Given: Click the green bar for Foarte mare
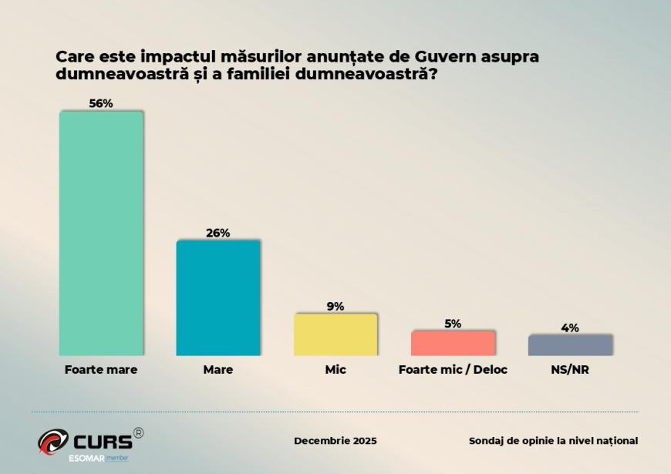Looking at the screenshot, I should click(101, 234).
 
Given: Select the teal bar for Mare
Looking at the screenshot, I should click(218, 298).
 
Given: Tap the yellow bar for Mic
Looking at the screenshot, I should click(335, 334).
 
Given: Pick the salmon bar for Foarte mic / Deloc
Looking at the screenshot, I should click(453, 343).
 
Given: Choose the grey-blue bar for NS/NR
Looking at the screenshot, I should click(570, 345).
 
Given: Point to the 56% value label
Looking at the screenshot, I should click(101, 104).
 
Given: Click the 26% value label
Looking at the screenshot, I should click(218, 233).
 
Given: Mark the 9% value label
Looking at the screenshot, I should click(335, 306).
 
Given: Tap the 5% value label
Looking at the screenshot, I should click(453, 324).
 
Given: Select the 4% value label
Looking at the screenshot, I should click(570, 328).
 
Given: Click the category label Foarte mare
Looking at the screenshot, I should click(101, 370).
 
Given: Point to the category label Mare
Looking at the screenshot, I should click(218, 370).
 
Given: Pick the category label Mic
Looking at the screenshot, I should click(335, 370).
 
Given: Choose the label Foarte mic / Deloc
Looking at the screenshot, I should click(453, 370).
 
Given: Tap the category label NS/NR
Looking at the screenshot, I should click(570, 370).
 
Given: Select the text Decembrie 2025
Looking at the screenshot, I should click(335, 441).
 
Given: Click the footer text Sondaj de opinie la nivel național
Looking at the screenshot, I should click(553, 441).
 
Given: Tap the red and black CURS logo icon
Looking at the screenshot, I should click(53, 441).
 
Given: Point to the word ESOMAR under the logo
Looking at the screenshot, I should click(66, 459).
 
